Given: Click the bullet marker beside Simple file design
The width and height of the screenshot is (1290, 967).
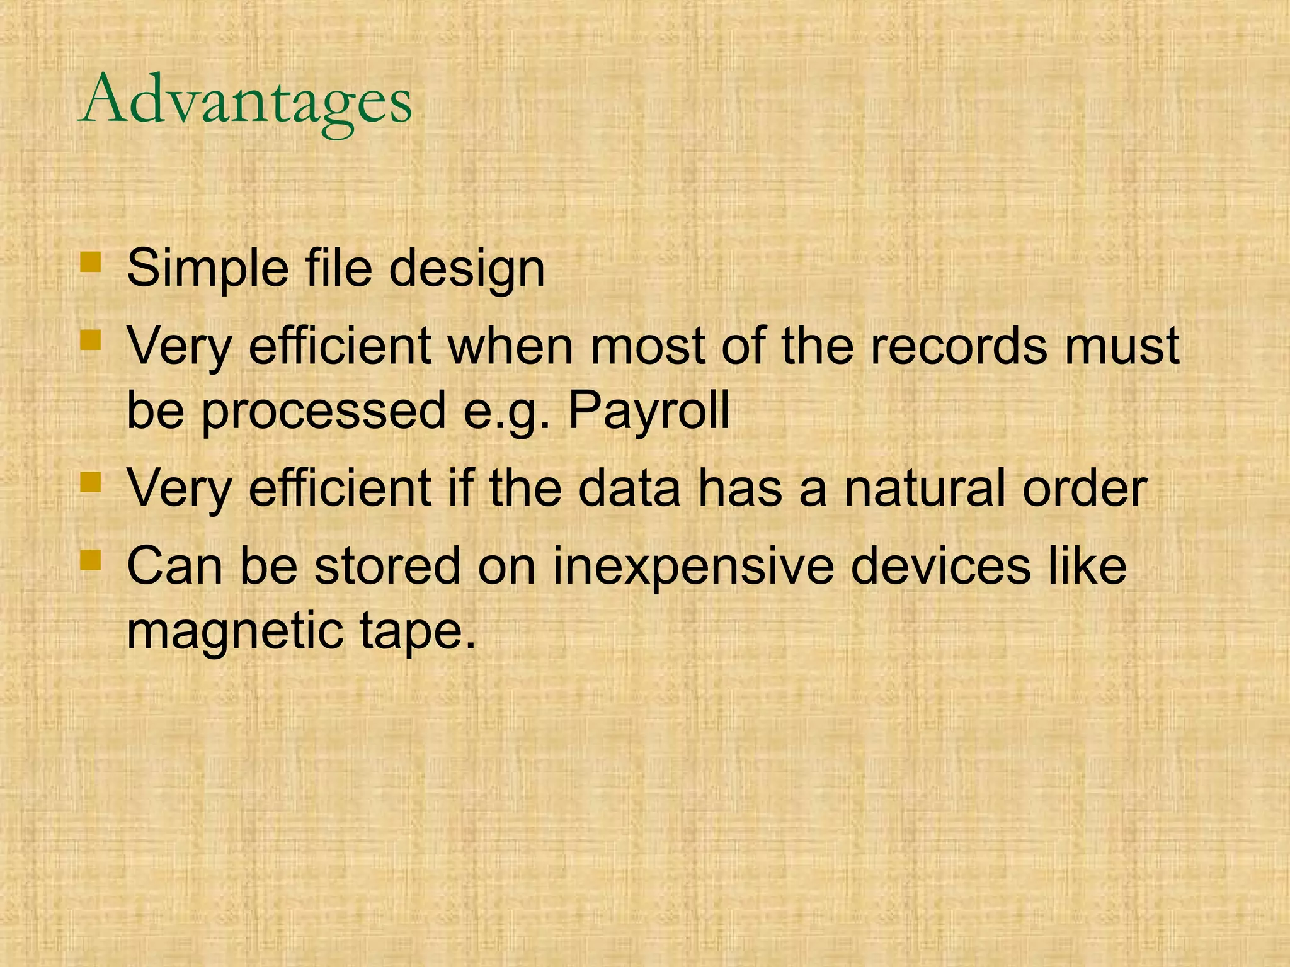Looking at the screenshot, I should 91,262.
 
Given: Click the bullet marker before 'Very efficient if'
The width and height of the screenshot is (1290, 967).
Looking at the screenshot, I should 91,483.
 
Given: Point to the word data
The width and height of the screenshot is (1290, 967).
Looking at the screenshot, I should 629,489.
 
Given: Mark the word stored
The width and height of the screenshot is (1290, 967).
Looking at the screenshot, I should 387,567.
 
